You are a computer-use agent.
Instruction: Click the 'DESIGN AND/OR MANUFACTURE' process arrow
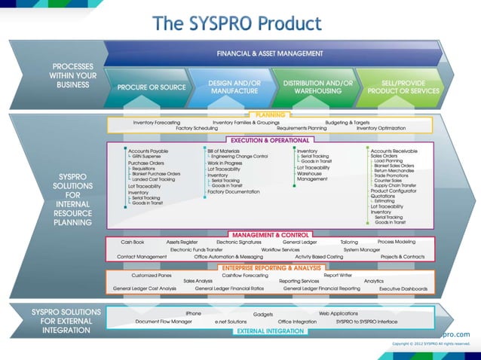click(234, 87)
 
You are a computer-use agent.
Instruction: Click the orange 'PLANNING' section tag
click(269, 114)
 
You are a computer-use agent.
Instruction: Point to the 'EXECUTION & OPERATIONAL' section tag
click(269, 139)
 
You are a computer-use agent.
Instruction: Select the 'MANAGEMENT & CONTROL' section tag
click(269, 235)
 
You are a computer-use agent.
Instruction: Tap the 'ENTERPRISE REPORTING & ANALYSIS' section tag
click(269, 267)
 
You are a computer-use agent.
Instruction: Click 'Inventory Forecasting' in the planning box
click(157, 122)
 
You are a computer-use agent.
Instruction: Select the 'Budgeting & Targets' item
click(347, 122)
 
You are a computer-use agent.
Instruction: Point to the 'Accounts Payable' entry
click(148, 151)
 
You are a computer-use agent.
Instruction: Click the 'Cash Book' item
click(133, 243)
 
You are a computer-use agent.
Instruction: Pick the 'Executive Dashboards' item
click(403, 288)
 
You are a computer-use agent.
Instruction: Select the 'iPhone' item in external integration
click(193, 313)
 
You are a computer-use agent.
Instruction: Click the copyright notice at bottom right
click(430, 343)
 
